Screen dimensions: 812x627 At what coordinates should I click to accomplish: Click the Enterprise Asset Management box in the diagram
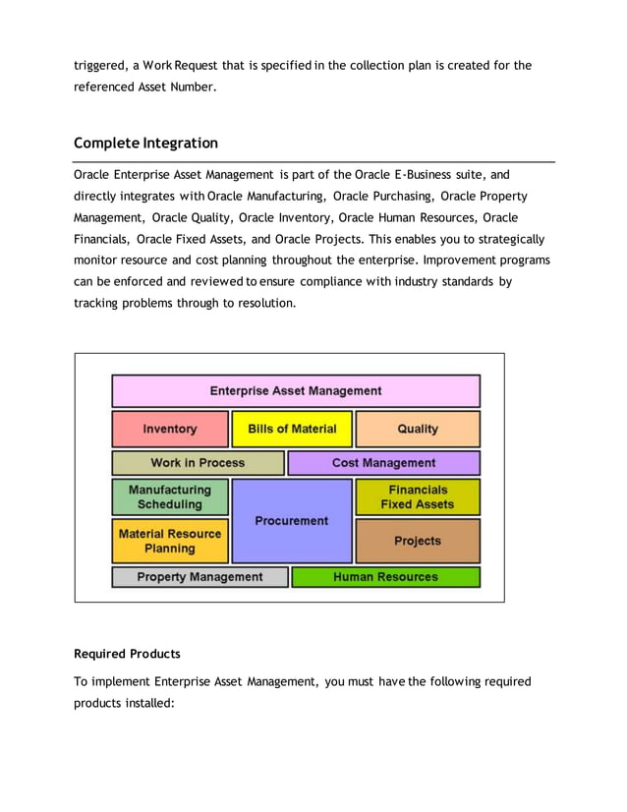click(x=296, y=391)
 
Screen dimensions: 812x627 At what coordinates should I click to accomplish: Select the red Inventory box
click(x=170, y=430)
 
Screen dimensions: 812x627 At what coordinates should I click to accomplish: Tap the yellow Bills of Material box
click(x=292, y=430)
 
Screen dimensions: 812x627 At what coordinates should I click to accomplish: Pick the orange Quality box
click(x=418, y=430)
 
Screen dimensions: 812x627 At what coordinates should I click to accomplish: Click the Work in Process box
click(x=198, y=463)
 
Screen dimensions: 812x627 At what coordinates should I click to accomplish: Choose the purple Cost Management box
click(x=383, y=463)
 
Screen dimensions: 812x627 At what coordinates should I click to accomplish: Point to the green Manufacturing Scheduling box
click(x=170, y=497)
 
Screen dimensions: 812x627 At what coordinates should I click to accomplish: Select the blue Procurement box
click(x=291, y=521)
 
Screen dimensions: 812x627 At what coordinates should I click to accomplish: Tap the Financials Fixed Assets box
click(x=418, y=497)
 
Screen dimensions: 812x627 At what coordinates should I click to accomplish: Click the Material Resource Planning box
click(x=170, y=541)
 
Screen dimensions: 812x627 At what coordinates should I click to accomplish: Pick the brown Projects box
click(x=418, y=541)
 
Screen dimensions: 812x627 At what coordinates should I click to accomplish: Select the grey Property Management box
click(x=199, y=577)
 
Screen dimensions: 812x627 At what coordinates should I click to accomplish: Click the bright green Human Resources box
click(x=385, y=577)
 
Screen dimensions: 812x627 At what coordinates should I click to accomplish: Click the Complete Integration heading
click(x=145, y=144)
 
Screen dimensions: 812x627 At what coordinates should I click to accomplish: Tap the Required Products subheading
click(x=127, y=654)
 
